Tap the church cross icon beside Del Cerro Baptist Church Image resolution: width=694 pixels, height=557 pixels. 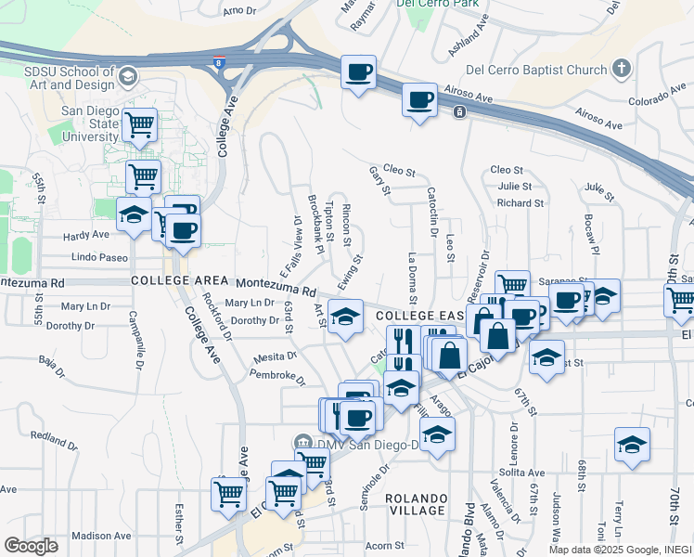(622, 69)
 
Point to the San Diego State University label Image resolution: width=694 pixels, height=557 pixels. (91, 123)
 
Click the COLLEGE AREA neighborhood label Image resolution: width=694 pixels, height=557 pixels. (179, 279)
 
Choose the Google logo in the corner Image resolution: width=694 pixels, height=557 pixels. (31, 546)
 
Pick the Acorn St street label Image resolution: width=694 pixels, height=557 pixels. (385, 546)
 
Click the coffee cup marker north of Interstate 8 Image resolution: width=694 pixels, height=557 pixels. (358, 71)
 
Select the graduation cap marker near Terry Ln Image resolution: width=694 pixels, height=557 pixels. (632, 444)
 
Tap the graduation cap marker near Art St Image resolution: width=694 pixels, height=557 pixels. (345, 318)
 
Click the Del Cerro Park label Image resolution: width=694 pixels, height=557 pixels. (430, 4)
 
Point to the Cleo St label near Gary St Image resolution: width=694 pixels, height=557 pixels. (398, 171)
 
